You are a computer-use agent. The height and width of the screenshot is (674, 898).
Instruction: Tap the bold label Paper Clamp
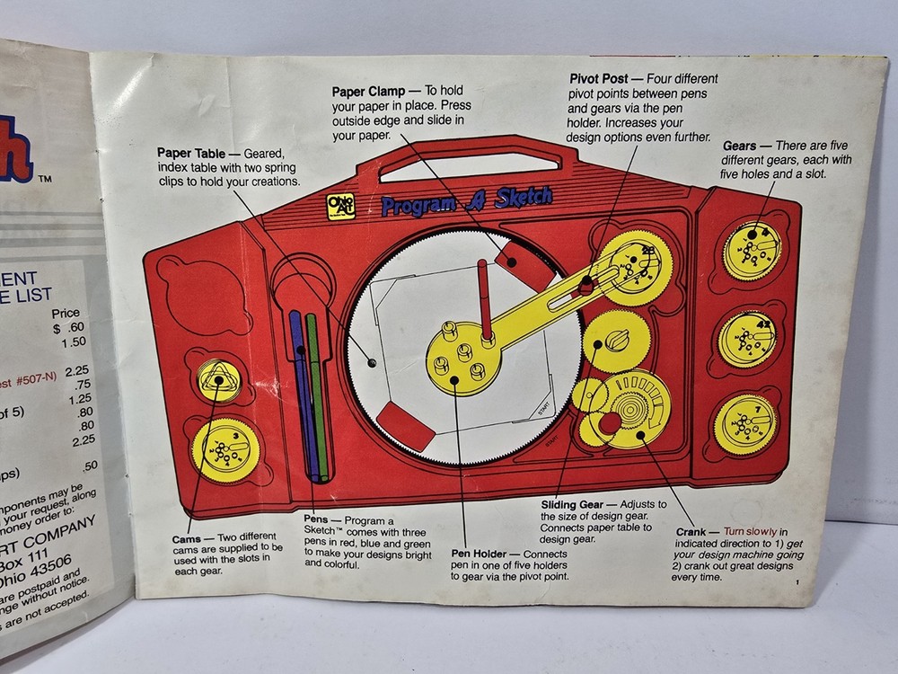pyautogui.click(x=368, y=91)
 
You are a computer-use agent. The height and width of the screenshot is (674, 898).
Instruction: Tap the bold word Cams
pyautogui.click(x=191, y=537)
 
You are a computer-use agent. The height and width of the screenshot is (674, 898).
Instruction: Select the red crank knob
pyautogui.click(x=610, y=422)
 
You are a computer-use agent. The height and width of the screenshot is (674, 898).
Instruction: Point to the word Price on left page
pyautogui.click(x=66, y=314)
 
